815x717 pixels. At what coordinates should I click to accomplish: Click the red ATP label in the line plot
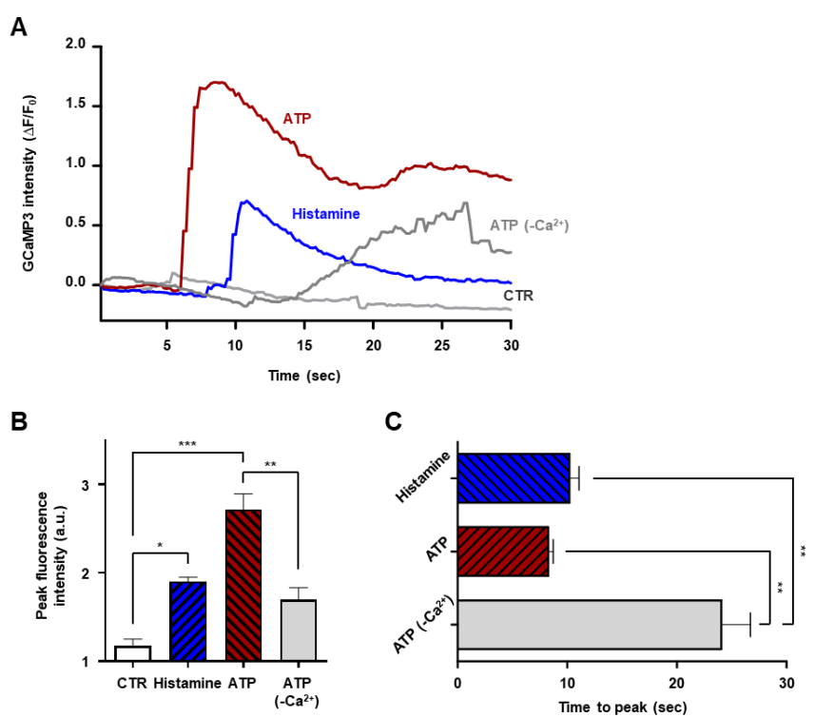pos(297,119)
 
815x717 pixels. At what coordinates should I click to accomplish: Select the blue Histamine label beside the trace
pos(326,214)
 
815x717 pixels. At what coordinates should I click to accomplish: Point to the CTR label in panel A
pos(518,296)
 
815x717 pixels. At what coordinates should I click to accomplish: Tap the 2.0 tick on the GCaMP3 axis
pos(76,45)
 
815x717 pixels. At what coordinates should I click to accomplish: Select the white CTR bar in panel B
pos(133,653)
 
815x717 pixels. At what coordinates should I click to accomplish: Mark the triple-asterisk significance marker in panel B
pos(188,442)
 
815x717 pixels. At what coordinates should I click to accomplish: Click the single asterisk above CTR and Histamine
pos(160,545)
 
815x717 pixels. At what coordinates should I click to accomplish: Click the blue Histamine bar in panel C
pos(514,477)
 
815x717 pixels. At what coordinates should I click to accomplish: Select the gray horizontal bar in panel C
pos(590,624)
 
